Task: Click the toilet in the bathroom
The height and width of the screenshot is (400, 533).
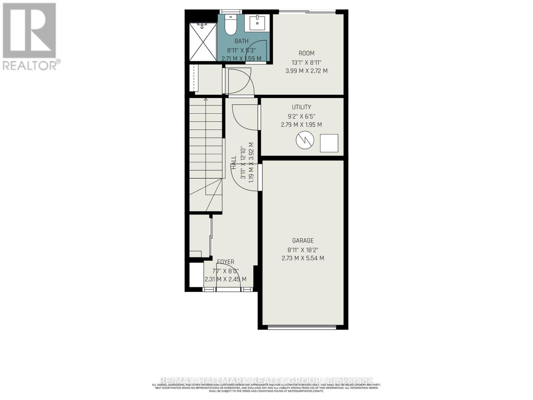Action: [x=230, y=25]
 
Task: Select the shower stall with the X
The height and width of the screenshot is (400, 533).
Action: [x=203, y=42]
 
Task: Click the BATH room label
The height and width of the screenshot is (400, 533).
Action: [x=242, y=41]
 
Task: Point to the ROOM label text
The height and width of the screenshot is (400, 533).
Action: [x=306, y=53]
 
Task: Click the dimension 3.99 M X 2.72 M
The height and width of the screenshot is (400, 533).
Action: [x=306, y=71]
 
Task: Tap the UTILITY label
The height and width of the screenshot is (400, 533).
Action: [x=301, y=107]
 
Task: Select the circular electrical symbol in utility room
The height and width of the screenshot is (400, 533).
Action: [x=305, y=140]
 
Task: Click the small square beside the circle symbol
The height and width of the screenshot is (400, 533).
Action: [x=329, y=143]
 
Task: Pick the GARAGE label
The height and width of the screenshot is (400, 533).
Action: [x=303, y=241]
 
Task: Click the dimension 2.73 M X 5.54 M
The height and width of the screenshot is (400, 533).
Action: [x=303, y=258]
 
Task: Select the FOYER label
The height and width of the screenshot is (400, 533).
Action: [x=226, y=262]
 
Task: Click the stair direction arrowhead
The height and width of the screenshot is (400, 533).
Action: [x=206, y=99]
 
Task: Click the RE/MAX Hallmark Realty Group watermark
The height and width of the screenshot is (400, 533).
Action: [x=266, y=381]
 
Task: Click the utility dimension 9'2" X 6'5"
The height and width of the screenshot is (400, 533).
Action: [x=301, y=116]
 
